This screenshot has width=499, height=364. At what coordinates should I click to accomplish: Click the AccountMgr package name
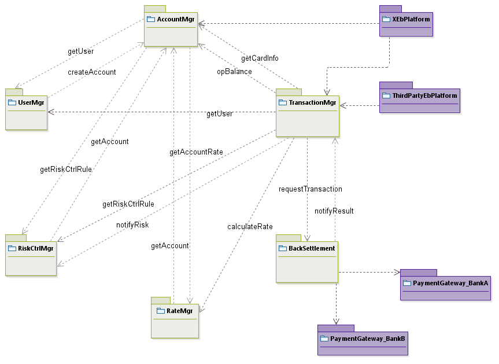176,19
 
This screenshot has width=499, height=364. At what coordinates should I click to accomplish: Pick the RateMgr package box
175,321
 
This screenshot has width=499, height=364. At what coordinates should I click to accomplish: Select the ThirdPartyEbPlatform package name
424,95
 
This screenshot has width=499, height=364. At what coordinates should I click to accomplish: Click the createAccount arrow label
92,72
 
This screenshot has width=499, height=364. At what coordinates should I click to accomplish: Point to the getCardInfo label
260,58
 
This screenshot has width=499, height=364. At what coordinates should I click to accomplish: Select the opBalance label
234,72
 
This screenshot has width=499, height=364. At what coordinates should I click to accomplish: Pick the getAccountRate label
196,152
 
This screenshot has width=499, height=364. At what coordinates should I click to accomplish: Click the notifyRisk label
132,225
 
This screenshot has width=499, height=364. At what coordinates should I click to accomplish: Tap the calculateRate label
250,226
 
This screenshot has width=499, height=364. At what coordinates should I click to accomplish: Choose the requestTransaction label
310,189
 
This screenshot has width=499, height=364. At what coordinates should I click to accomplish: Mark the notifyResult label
334,211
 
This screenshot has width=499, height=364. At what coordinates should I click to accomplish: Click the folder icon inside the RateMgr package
161,311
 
